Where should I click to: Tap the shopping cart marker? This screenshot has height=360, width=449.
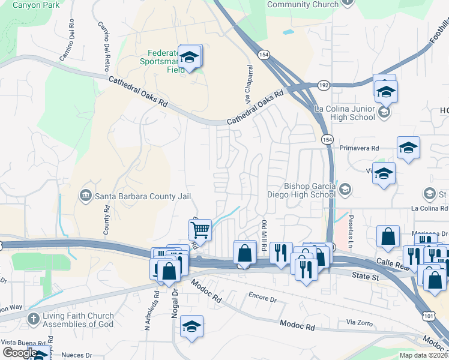(x=200, y=229)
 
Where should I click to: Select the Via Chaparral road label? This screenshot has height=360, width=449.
(x=246, y=80)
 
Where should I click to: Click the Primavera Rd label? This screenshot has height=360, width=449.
(x=359, y=148)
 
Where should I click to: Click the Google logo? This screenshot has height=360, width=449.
(x=20, y=353)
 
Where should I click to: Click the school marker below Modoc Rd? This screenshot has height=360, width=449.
(x=191, y=326)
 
